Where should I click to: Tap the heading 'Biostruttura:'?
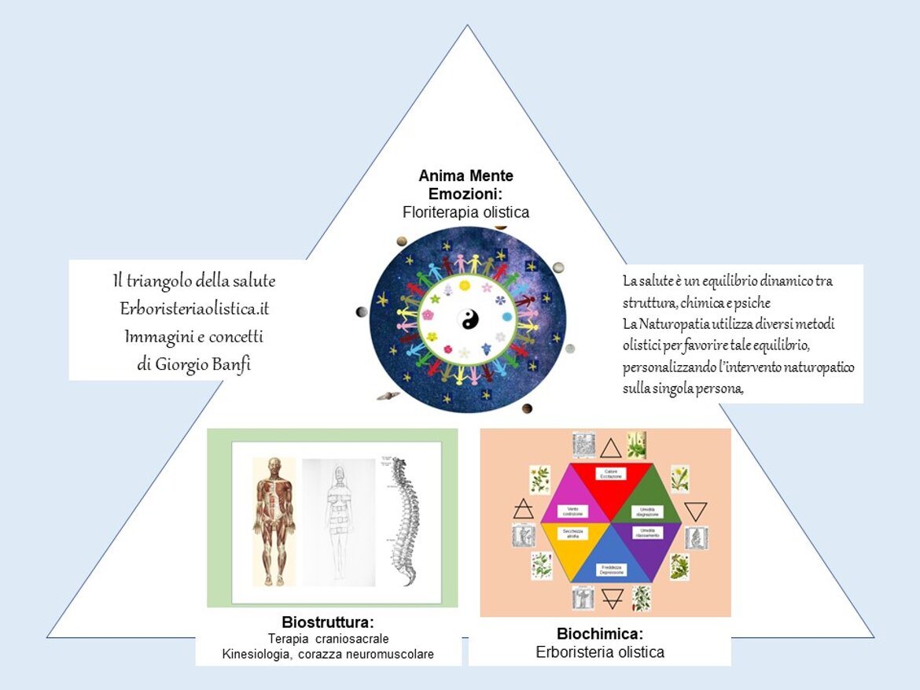[x=327, y=622]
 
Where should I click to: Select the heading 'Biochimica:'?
[x=600, y=634]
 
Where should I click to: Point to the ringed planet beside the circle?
[x=387, y=397]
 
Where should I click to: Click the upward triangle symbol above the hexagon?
[x=611, y=448]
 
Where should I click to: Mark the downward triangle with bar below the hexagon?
[x=612, y=600]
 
